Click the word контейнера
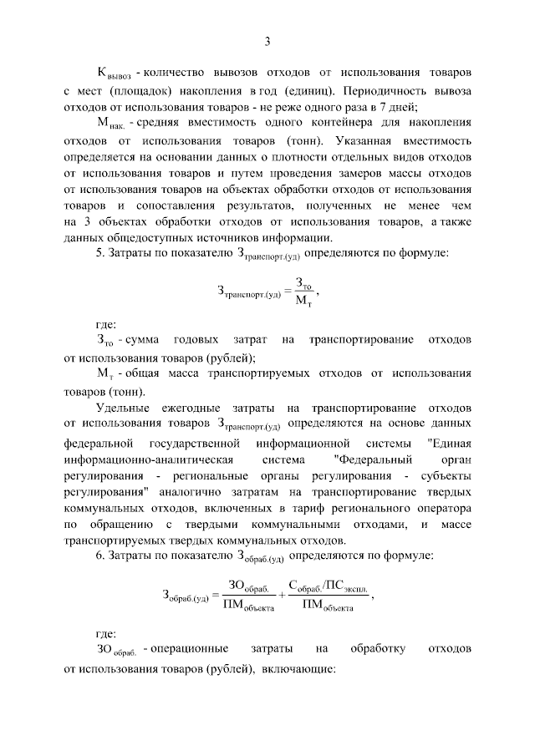click(322, 122)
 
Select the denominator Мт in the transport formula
click(304, 302)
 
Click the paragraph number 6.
click(99, 555)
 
